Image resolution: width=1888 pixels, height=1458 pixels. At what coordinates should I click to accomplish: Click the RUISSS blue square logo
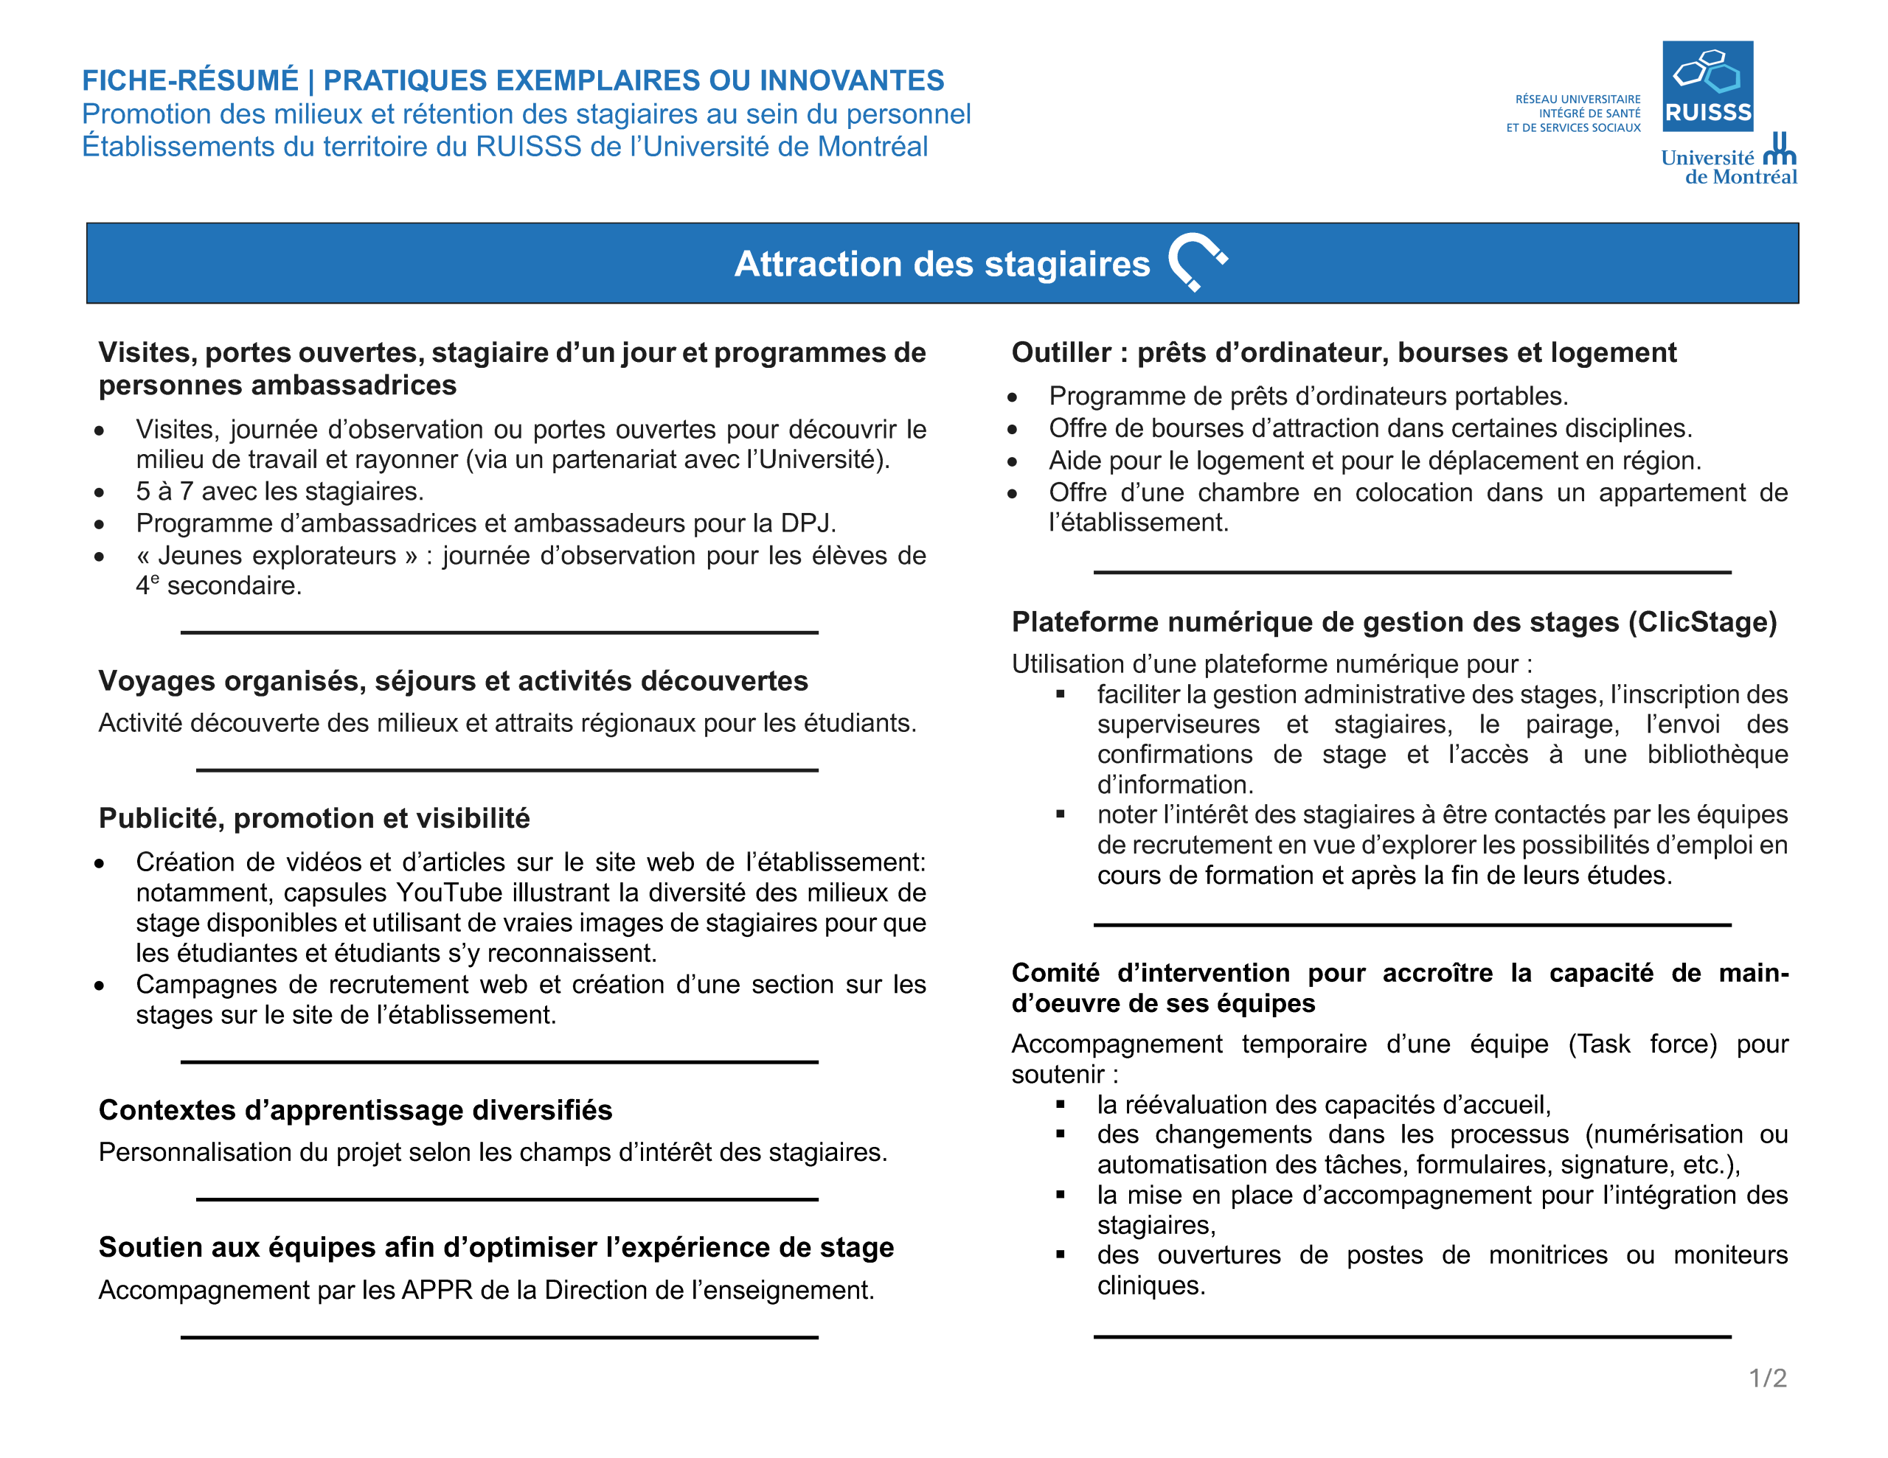click(1707, 86)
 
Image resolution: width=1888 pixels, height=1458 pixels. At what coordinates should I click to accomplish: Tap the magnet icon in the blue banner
click(1197, 261)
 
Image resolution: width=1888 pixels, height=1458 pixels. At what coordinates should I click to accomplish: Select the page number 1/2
click(1767, 1378)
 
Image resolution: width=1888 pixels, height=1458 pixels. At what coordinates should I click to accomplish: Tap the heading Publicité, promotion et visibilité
click(313, 817)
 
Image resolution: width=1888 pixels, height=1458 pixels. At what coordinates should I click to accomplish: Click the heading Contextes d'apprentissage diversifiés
click(355, 1109)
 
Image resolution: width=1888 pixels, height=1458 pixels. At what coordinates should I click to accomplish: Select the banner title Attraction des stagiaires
click(941, 264)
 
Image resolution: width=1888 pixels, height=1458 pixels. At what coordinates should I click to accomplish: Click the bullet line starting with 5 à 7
click(280, 491)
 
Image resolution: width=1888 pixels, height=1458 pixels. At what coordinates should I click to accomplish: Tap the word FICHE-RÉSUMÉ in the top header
click(190, 80)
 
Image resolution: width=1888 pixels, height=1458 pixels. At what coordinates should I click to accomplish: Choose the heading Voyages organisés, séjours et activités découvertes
click(453, 681)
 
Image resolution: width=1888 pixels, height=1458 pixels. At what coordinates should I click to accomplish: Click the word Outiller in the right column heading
click(1061, 352)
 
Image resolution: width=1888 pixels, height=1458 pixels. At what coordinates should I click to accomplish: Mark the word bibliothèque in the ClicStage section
click(1717, 755)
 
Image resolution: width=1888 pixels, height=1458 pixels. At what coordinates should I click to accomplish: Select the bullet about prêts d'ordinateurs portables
click(1307, 396)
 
